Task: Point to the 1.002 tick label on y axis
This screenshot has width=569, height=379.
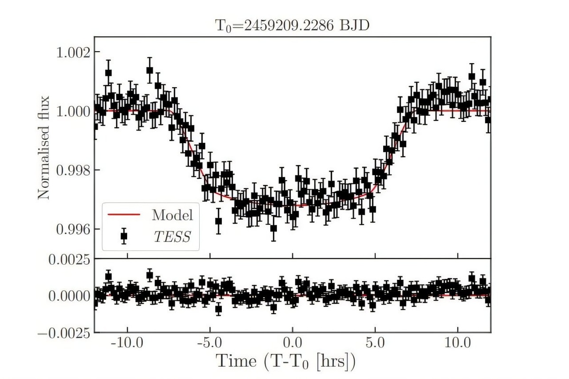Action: [x=72, y=52]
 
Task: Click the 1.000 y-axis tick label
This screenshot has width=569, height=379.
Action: [x=72, y=111]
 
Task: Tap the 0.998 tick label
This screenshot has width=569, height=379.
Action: [x=72, y=170]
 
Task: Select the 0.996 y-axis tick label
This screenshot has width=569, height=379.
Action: [x=72, y=229]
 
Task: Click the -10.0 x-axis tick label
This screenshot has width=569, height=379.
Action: [x=127, y=342]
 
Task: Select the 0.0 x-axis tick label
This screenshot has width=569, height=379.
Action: [x=293, y=342]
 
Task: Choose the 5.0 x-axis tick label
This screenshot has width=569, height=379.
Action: [x=375, y=342]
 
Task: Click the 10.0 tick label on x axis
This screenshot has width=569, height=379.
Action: [x=458, y=342]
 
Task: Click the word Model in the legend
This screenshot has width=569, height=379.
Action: [x=173, y=215]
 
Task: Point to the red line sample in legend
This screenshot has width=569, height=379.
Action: [x=124, y=215]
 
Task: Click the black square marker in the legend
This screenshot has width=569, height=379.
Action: [x=124, y=236]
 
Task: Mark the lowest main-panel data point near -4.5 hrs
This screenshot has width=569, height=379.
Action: [x=218, y=221]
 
